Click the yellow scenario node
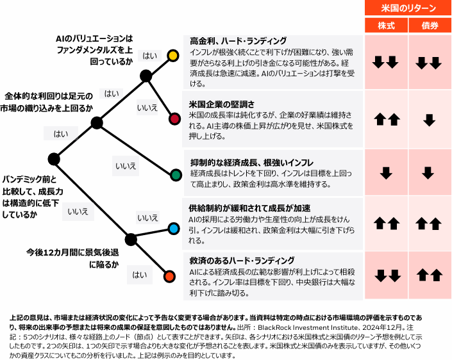(x=172, y=55)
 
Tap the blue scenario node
(x=173, y=228)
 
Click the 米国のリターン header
(x=408, y=8)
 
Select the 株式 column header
(x=385, y=26)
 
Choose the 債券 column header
(x=430, y=26)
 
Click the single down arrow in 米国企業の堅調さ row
(x=430, y=119)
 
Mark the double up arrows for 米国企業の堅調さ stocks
(x=385, y=119)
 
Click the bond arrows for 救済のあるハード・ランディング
(x=430, y=275)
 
